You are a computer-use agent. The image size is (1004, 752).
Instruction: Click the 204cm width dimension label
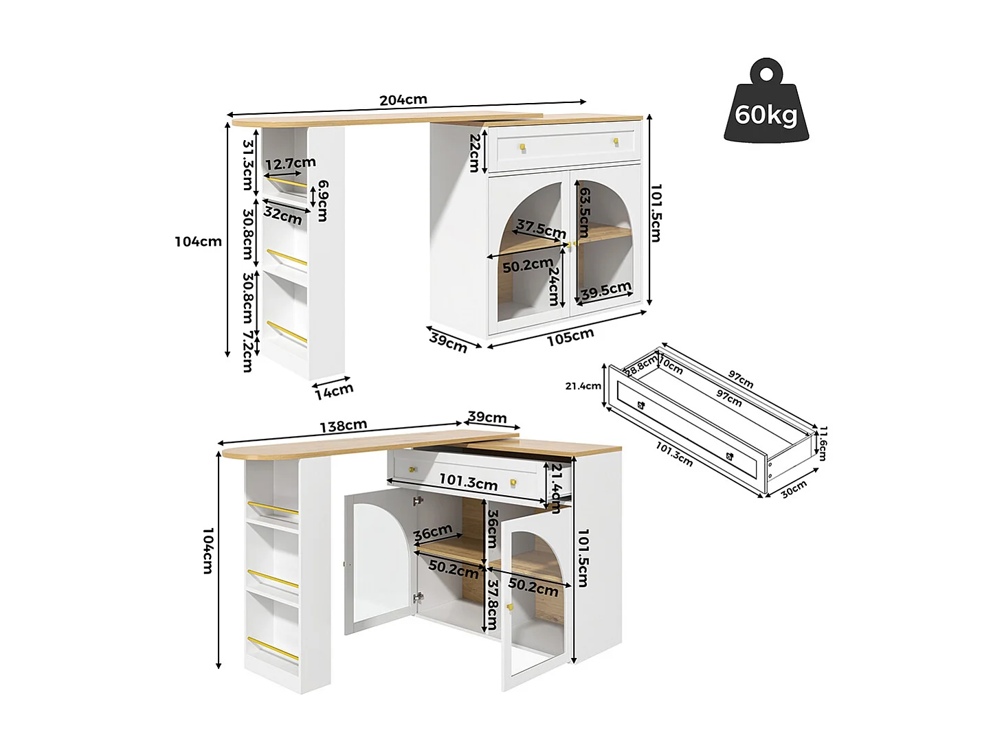coord(403,100)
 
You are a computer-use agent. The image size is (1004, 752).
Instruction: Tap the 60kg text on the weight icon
coord(766,114)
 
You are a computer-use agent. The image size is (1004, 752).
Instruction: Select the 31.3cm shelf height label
coord(248,165)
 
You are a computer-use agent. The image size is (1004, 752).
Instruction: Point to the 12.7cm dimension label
coord(290,163)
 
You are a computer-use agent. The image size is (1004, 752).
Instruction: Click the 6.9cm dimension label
coord(322,201)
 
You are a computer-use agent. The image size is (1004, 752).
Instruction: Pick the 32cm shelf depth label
coord(282,215)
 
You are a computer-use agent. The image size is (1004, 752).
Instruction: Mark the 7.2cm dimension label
coord(247,351)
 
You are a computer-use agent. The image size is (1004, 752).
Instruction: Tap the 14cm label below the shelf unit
coord(334,391)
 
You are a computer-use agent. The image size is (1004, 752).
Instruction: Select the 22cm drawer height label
coord(474,152)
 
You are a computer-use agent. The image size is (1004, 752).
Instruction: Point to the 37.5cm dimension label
coord(541,229)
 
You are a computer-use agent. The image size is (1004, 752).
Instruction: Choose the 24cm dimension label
coord(554,286)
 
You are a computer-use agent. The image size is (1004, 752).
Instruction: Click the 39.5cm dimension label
coord(605,291)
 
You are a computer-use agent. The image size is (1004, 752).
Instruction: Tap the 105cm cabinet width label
coord(570,337)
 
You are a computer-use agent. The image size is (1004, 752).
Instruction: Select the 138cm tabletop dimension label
coord(343,426)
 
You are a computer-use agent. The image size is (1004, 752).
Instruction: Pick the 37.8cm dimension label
coord(492,604)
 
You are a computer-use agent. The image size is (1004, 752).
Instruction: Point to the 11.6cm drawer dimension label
coord(823,443)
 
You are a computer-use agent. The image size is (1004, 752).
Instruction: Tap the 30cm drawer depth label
coord(794,489)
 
